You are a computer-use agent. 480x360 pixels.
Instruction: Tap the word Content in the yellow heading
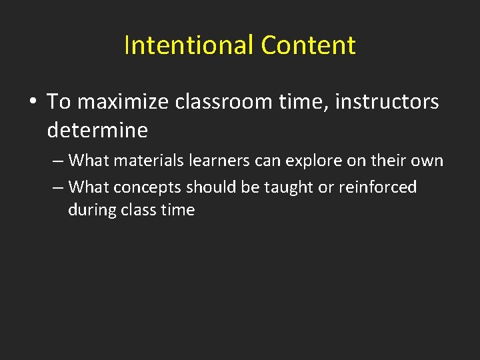pyautogui.click(x=308, y=45)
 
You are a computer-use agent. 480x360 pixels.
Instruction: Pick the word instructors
pyautogui.click(x=387, y=102)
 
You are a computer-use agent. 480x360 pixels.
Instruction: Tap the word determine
pyautogui.click(x=97, y=130)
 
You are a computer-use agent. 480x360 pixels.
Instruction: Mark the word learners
pyautogui.click(x=217, y=161)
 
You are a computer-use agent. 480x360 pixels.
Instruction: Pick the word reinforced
pyautogui.click(x=377, y=187)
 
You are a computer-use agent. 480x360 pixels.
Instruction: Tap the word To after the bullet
pyautogui.click(x=59, y=102)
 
